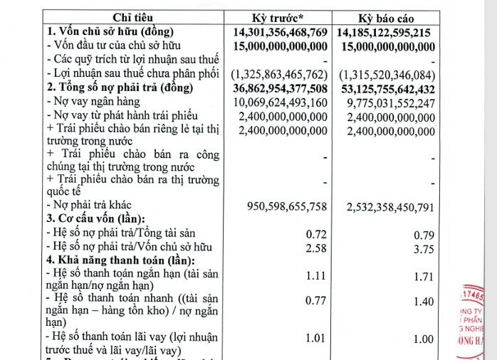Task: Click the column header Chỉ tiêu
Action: coord(133,18)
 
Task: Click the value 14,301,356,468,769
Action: coord(281,33)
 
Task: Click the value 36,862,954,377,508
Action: coord(281,89)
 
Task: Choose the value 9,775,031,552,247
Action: coord(391,103)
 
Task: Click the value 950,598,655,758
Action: coord(287,207)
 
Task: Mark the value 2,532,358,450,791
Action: coord(391,207)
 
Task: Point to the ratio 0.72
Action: coord(315,233)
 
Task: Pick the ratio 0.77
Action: coord(315,301)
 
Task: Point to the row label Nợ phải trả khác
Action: coord(90,206)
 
